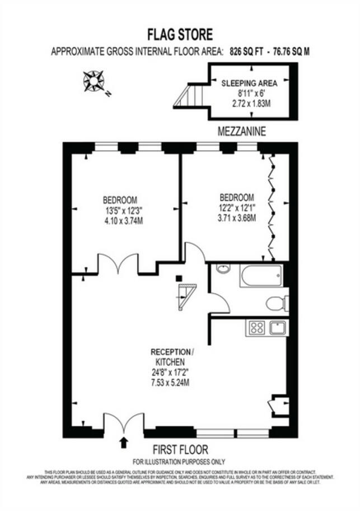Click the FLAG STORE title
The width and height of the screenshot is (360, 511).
[180, 35]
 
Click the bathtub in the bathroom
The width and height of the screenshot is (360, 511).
[261, 275]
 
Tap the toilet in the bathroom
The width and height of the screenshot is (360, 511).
[275, 304]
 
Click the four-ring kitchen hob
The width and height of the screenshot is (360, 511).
[256, 327]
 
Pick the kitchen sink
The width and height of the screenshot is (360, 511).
[278, 327]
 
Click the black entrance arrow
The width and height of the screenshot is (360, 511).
[124, 443]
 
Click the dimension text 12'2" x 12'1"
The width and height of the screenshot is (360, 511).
[237, 207]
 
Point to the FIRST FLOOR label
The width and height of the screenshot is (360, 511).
[180, 450]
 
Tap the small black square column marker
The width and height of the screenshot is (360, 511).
[179, 278]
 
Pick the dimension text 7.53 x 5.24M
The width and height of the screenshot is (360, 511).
[172, 383]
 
